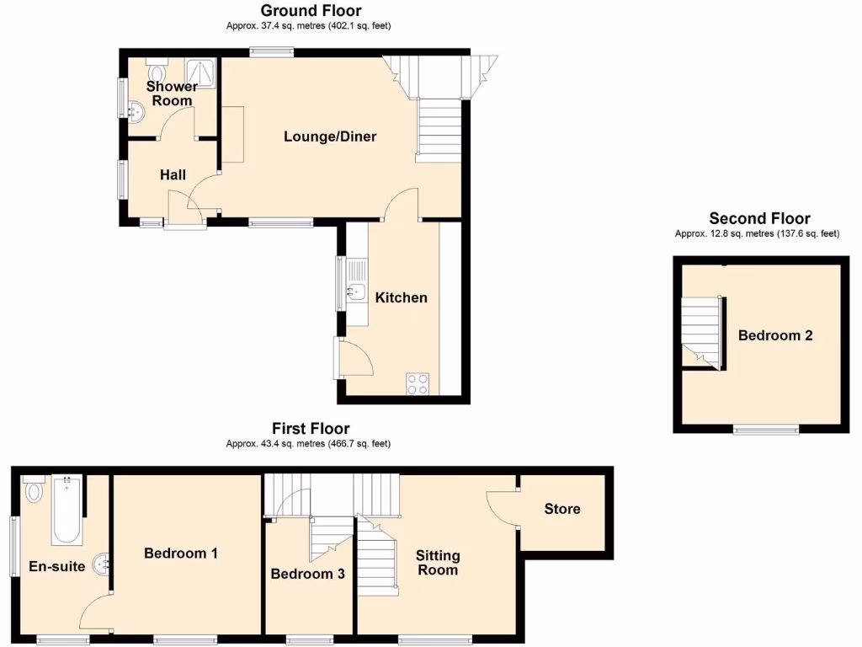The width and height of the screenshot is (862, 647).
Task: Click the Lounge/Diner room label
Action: coord(330,136)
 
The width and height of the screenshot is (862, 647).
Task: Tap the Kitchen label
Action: coord(401,297)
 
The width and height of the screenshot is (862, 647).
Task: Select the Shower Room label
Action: coord(172,94)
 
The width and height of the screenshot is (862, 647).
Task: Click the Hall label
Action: coord(173,175)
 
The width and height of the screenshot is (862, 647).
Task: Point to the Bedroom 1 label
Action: coord(181,553)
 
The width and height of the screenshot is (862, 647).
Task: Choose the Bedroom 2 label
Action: coord(775,335)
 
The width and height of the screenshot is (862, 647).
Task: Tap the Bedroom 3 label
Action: coord(307,575)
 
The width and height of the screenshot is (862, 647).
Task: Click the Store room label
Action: coord(561,509)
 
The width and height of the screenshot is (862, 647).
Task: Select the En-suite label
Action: coord(57,566)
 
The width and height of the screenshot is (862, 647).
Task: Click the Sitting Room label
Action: coord(438,563)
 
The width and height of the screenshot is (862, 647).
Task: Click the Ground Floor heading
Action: coord(311,11)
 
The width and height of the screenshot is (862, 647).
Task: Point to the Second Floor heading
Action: coord(759,218)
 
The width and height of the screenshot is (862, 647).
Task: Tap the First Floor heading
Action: coord(310,429)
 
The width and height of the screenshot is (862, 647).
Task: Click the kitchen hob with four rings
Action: coord(418,383)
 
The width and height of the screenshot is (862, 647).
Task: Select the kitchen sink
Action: coord(355,293)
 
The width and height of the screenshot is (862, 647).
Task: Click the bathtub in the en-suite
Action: coord(67,510)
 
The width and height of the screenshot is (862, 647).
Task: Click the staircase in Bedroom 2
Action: coord(701,333)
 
